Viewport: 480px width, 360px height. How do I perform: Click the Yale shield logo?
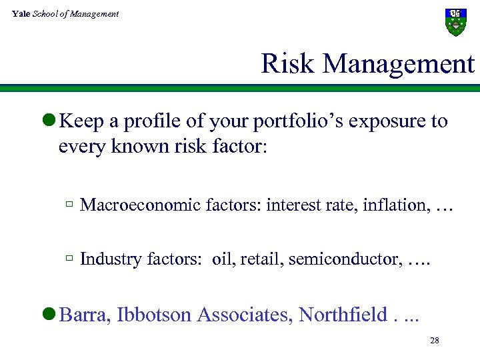[455, 22]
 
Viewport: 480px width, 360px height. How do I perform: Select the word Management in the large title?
[399, 64]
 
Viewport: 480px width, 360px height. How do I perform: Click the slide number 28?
[434, 341]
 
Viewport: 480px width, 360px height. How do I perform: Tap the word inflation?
[393, 205]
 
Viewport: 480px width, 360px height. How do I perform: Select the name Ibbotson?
[155, 314]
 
